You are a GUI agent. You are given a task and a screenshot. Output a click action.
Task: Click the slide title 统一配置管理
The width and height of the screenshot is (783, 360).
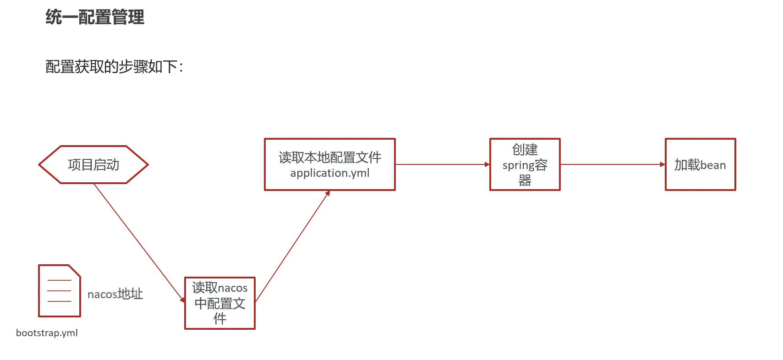95,17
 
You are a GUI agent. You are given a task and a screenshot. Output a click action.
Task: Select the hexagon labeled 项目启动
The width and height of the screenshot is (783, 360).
93,165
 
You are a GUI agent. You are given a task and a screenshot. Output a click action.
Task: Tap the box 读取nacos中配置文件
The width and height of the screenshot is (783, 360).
220,303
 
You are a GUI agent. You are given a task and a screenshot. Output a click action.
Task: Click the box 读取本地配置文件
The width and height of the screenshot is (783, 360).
330,164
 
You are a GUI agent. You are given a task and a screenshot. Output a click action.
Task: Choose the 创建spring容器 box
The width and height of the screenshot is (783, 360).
525,164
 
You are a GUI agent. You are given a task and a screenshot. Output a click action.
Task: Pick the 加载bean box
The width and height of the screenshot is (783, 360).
700,164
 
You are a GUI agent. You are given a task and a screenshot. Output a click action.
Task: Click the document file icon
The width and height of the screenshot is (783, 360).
59,291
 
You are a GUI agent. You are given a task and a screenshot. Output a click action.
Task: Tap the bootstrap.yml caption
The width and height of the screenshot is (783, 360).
47,333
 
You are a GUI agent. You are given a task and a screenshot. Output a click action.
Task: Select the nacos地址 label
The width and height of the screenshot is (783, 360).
115,294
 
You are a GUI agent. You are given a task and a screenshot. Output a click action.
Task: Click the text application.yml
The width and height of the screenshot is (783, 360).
330,173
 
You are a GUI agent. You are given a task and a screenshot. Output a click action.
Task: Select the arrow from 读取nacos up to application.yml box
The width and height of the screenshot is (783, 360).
292,246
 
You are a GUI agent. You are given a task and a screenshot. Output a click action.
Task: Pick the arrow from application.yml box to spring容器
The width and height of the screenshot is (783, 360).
442,164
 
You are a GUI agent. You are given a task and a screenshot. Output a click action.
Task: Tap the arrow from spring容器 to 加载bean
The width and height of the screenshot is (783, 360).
612,164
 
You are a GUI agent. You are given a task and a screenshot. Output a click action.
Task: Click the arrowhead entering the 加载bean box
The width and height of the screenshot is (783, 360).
663,164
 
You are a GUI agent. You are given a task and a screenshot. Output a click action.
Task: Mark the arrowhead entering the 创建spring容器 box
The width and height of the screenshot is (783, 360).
487,164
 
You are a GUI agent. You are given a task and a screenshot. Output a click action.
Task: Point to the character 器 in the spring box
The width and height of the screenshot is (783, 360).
525,180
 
